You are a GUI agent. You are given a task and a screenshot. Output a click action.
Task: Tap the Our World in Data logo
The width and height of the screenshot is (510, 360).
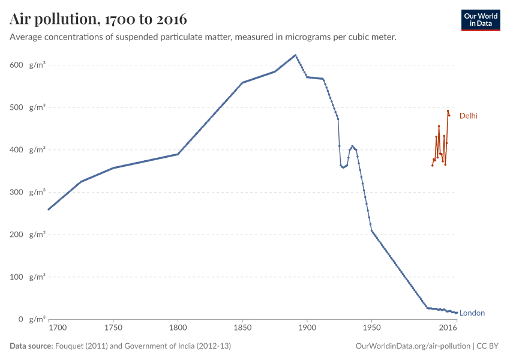point(480,20)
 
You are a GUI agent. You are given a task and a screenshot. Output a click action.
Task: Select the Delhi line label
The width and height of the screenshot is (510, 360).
point(468,116)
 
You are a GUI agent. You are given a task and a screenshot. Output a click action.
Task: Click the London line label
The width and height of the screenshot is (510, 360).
point(472,313)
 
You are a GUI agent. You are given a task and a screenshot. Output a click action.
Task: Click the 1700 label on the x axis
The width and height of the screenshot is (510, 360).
point(58,328)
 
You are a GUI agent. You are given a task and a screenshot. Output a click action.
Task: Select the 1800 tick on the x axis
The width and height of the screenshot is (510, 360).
point(178,328)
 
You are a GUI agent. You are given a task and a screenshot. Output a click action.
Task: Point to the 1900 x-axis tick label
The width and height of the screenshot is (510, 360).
point(307,328)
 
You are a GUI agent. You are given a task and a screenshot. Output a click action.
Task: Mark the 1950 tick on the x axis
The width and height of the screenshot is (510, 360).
point(371,328)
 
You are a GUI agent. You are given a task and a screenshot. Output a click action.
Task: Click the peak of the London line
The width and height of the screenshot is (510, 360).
point(295,55)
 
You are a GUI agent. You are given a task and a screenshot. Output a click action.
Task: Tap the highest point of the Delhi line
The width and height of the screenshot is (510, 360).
point(448,111)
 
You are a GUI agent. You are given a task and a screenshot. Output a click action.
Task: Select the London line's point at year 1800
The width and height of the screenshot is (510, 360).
point(178,154)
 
